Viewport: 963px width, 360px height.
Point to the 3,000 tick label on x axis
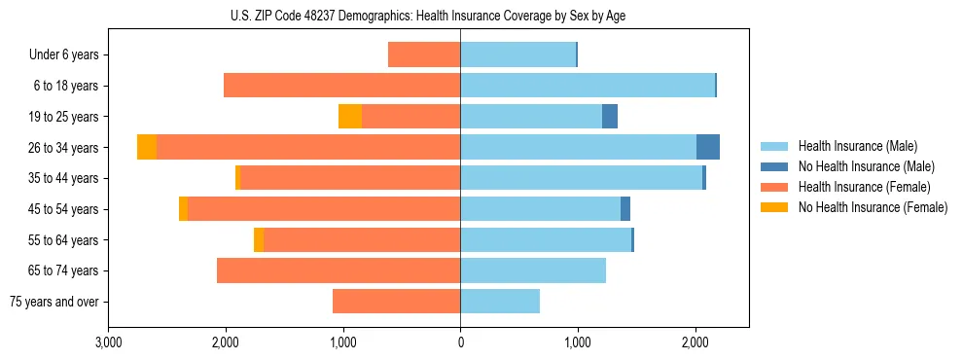[109, 343]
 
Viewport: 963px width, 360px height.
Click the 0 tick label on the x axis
[460, 343]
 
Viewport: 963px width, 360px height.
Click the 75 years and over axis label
[54, 302]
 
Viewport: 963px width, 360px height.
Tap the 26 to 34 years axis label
[63, 148]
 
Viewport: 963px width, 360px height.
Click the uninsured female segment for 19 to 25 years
[350, 117]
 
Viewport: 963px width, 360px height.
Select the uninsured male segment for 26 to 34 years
[708, 147]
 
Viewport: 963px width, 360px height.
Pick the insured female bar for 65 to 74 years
[339, 270]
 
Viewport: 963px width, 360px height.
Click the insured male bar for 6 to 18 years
[588, 86]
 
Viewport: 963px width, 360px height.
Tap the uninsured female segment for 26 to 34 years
[147, 147]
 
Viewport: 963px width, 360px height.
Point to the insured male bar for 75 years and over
[500, 302]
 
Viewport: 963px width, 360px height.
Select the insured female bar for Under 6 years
[424, 55]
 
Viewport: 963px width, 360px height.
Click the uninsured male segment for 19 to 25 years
[610, 117]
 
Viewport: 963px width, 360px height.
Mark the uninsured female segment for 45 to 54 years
[183, 209]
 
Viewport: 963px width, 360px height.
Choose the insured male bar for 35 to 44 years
[581, 178]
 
